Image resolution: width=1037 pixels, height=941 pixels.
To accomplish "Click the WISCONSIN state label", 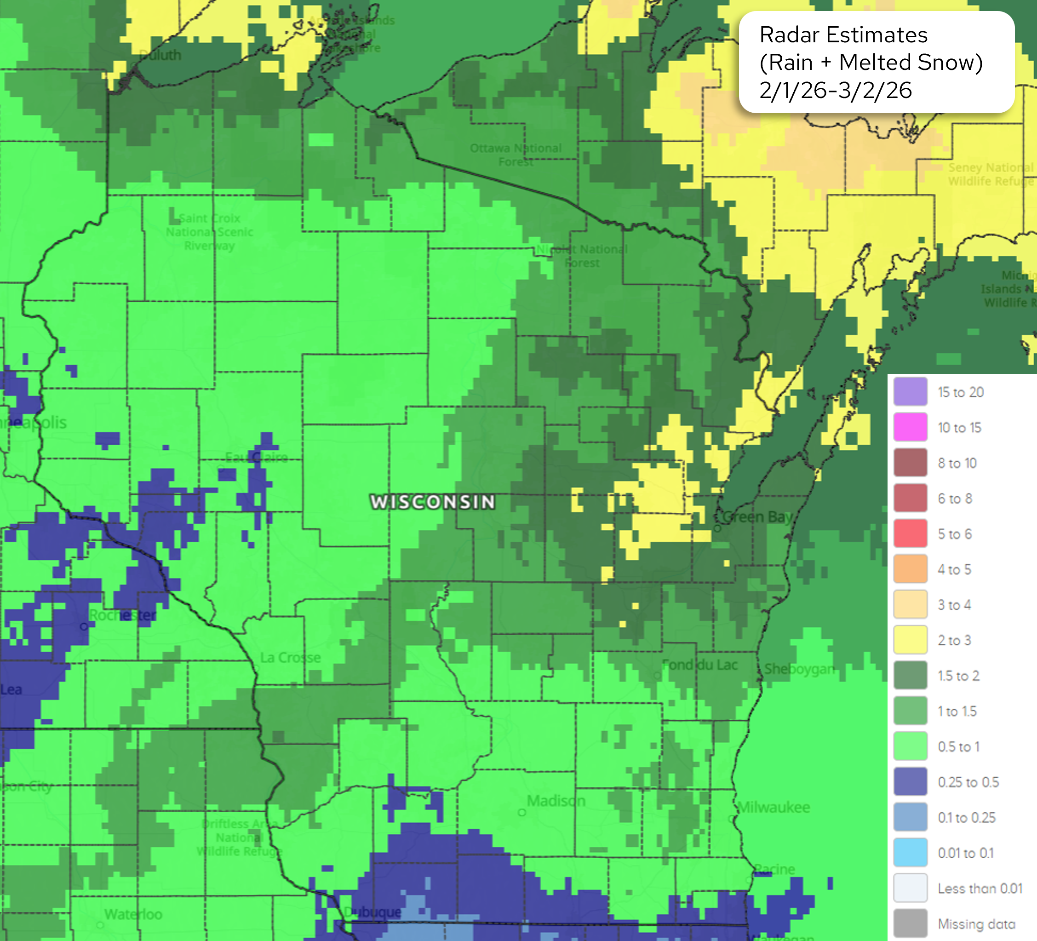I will coord(433,502).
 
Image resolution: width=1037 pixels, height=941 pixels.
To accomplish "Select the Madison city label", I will coord(556,801).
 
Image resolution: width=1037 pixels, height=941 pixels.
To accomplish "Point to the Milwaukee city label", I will coord(773,807).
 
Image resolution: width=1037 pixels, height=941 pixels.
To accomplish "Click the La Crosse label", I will coord(290,658).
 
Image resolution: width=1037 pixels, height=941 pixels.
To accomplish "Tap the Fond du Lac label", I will coord(699,665).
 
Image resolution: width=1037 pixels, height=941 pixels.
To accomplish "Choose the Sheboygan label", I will coord(798,669).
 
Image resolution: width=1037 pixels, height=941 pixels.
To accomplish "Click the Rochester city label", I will coord(122,615).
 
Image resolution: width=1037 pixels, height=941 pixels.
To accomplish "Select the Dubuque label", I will coord(372,912).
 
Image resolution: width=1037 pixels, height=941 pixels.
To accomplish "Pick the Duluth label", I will coord(160,55).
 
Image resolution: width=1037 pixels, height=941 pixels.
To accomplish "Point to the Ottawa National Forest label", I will coord(516,155).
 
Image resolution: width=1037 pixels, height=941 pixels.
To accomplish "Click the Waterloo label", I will coord(133,914).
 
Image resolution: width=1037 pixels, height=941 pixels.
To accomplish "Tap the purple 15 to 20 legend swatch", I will coord(910,391).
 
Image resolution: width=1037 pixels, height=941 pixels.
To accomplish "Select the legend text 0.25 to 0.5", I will coord(968,782).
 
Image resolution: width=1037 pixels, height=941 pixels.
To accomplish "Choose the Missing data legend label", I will coord(976,924).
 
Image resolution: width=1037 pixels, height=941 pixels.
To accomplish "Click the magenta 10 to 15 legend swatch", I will coord(910,427).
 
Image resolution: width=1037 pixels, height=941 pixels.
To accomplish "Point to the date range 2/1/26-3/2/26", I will coord(836,91).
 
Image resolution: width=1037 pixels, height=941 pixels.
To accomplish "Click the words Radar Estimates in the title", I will coord(843,35).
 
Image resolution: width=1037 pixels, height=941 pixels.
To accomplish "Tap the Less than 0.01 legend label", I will coord(980,889).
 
